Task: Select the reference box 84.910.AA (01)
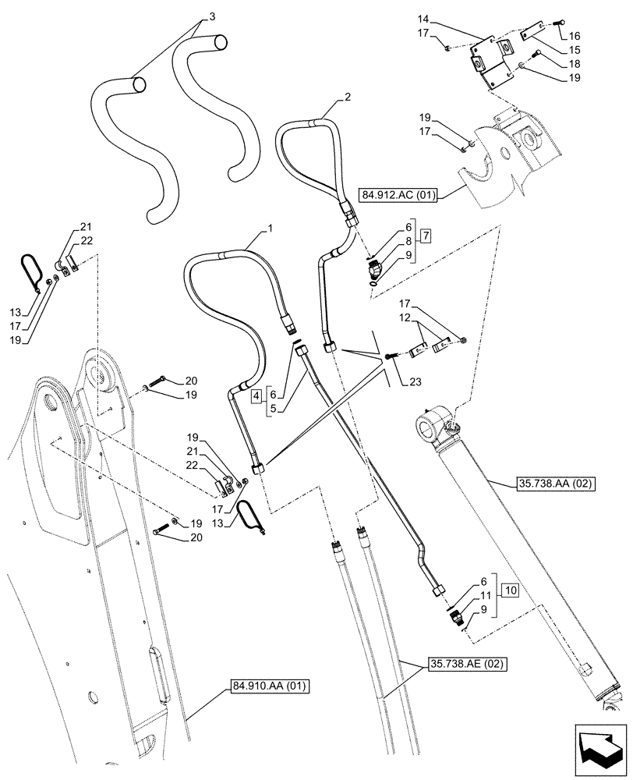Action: [270, 686]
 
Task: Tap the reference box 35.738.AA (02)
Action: [555, 484]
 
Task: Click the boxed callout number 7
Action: [423, 236]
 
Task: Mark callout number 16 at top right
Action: [574, 35]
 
